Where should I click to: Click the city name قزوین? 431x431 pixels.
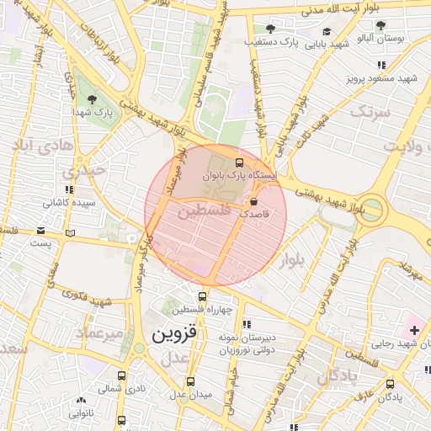173,334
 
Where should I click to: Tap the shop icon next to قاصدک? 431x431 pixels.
254,201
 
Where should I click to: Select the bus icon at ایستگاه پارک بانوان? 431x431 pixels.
240,162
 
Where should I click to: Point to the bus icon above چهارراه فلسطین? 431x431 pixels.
202,296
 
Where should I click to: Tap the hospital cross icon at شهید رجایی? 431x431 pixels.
413,328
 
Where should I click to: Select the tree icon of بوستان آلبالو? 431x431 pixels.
380,25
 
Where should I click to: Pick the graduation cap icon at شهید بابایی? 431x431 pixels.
327,32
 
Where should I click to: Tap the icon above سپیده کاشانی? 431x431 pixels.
69,190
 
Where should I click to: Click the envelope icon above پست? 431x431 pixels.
71,232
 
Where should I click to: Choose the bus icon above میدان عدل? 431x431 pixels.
190,381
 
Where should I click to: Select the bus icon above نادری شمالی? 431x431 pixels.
121,376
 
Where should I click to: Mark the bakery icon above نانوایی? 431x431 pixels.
81,402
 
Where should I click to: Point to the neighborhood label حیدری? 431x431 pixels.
89,169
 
